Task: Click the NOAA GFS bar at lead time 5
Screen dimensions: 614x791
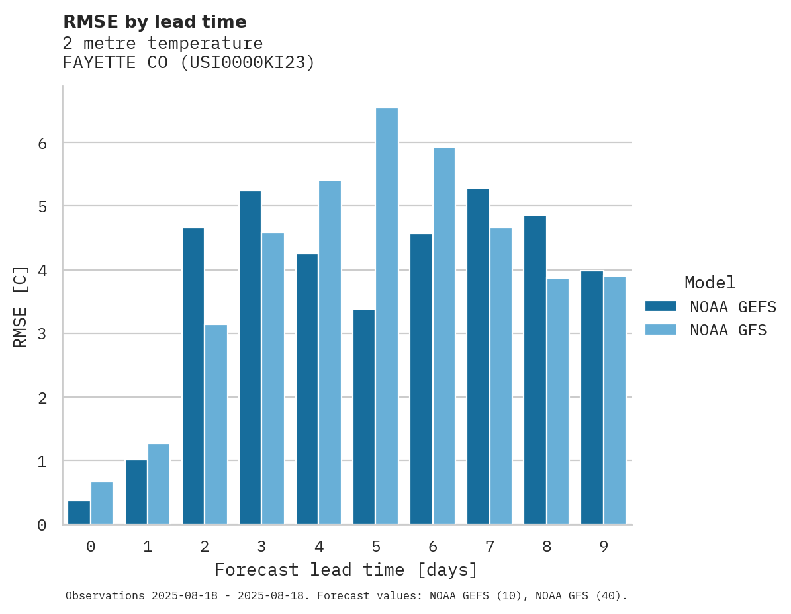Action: (387, 316)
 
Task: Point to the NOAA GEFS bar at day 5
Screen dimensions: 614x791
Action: (364, 417)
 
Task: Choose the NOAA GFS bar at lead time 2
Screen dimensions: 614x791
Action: (216, 424)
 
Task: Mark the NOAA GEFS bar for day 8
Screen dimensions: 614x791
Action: (535, 370)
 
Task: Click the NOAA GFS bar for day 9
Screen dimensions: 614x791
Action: (614, 400)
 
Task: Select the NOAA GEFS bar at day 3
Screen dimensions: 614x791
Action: (250, 357)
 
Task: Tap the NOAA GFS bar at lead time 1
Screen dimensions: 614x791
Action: (159, 484)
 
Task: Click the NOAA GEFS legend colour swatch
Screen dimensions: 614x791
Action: (661, 306)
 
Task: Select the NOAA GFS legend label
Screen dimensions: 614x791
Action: (728, 330)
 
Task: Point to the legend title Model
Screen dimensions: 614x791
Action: (710, 283)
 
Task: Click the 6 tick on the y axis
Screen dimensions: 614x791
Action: (42, 143)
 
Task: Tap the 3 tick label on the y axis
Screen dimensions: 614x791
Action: (42, 334)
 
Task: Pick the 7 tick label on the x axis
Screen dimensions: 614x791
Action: (489, 547)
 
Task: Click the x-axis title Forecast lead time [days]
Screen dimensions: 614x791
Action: (346, 570)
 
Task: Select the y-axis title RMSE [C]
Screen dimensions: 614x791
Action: (21, 306)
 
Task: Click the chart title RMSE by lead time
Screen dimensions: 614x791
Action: (155, 22)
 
